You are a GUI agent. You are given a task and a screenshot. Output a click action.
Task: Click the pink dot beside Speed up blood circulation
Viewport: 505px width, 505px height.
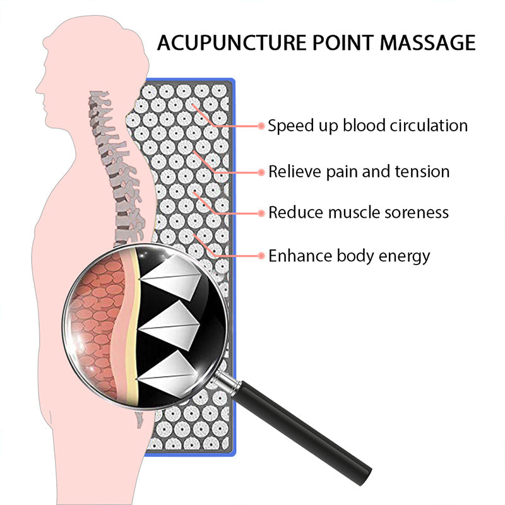[x=261, y=126]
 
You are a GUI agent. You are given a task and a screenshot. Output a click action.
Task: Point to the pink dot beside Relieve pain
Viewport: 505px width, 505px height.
[x=261, y=172]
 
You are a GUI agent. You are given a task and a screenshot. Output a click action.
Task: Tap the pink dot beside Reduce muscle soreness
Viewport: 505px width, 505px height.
[x=261, y=213]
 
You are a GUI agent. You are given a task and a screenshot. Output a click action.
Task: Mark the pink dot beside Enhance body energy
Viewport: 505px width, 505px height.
[x=261, y=256]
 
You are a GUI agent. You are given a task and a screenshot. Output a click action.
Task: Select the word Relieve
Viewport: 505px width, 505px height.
[x=292, y=172]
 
